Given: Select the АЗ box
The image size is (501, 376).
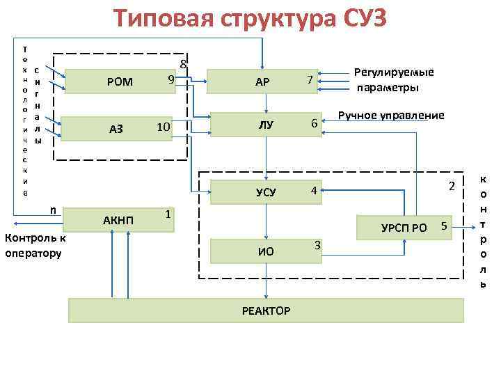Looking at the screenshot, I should pyautogui.click(x=116, y=129).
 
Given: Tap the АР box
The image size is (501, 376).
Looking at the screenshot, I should pyautogui.click(x=262, y=83).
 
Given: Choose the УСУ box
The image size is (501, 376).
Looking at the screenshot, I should pyautogui.click(x=265, y=191).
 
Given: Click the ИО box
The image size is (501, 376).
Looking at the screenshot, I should pyautogui.click(x=265, y=251).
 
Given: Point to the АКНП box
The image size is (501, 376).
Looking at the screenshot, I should pyautogui.click(x=116, y=220).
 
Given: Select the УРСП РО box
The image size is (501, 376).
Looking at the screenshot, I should pyautogui.click(x=404, y=227).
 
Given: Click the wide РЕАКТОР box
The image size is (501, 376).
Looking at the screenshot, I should pyautogui.click(x=265, y=310).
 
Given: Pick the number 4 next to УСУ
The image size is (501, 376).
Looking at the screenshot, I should pyautogui.click(x=314, y=190).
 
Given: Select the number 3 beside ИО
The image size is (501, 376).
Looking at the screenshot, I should pyautogui.click(x=317, y=244).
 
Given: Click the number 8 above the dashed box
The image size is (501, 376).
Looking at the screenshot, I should pyautogui.click(x=183, y=65).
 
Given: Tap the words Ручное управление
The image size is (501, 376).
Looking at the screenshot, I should pyautogui.click(x=390, y=115).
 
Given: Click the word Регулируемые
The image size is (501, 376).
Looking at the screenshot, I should pyautogui.click(x=394, y=72).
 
